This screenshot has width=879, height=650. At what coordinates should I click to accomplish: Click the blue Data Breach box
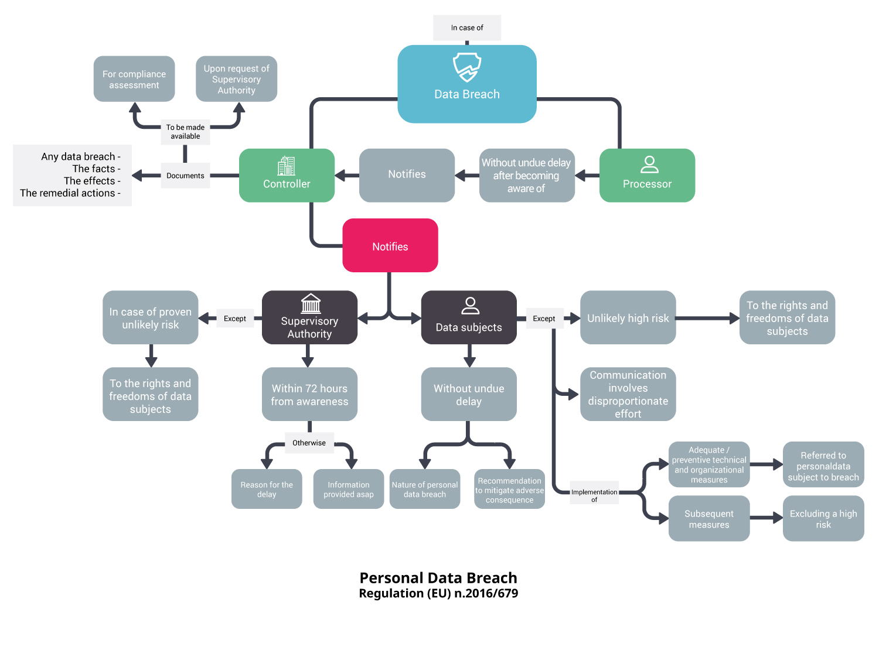click(x=467, y=94)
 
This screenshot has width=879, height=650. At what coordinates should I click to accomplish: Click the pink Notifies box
click(x=390, y=246)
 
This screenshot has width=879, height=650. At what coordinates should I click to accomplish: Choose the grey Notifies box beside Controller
click(x=407, y=175)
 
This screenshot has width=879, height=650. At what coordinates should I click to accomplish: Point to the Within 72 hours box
click(x=309, y=395)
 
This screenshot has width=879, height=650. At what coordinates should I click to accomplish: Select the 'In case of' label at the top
click(x=467, y=28)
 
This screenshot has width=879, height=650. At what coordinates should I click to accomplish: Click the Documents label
click(x=185, y=176)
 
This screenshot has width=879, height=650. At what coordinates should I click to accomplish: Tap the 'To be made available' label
click(x=185, y=132)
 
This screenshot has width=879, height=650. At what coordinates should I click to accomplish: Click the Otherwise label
click(x=309, y=443)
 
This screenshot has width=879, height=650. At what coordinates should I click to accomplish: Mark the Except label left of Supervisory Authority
click(x=234, y=319)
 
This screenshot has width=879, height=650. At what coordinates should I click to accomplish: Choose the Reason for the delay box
click(x=267, y=489)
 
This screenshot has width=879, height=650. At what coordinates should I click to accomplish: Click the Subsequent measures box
click(x=709, y=519)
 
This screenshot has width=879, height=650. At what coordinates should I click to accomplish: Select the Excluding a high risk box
click(x=823, y=519)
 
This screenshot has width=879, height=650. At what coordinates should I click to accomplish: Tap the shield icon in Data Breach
click(x=467, y=67)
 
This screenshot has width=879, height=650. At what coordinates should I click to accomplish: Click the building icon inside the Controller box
click(x=287, y=166)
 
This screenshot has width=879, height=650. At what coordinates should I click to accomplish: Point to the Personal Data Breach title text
click(x=438, y=578)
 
